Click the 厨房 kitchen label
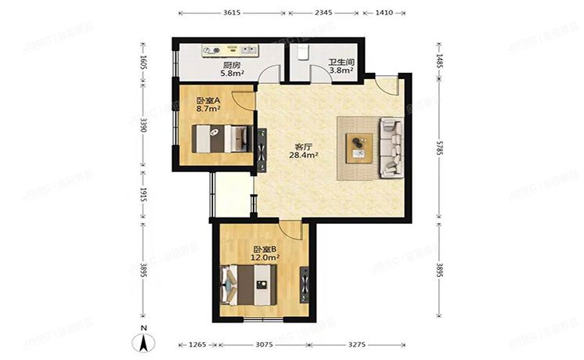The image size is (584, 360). click(231, 65)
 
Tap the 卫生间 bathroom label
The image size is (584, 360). click(339, 62)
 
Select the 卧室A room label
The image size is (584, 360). click(207, 101)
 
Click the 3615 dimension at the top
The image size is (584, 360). click(231, 13)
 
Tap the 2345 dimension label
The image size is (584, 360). click(323, 13)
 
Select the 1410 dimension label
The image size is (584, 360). click(384, 13)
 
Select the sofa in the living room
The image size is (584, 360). click(391, 146)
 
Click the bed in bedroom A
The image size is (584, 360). click(219, 139)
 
